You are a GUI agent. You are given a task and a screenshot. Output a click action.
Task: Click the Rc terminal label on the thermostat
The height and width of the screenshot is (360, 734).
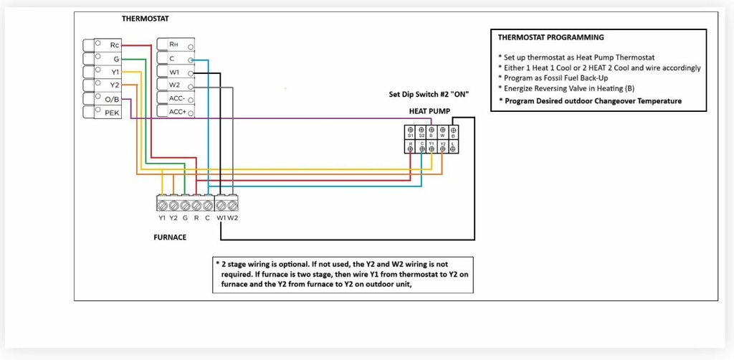(x=114, y=45)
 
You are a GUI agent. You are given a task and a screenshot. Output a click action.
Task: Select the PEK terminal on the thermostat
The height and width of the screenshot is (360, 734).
(x=113, y=113)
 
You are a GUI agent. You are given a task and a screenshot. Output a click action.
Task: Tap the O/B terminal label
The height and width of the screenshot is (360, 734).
(x=113, y=99)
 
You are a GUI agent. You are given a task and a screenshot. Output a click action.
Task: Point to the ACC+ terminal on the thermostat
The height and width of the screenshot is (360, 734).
(x=176, y=113)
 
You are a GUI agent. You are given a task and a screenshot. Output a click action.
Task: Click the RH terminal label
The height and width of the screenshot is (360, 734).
(x=173, y=44)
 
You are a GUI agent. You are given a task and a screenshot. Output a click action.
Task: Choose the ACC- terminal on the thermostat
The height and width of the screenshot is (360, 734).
(x=176, y=99)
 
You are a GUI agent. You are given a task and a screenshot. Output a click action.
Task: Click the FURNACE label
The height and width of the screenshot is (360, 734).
(x=171, y=237)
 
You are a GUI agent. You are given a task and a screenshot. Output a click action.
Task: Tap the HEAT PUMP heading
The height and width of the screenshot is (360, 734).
(x=429, y=111)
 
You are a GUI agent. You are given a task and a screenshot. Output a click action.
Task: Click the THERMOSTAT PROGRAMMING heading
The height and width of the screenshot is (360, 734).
(x=550, y=37)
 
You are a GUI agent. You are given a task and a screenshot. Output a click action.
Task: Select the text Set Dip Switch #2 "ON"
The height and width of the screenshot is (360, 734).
(x=429, y=95)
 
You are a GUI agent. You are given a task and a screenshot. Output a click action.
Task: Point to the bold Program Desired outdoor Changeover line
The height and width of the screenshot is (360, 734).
(x=593, y=101)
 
